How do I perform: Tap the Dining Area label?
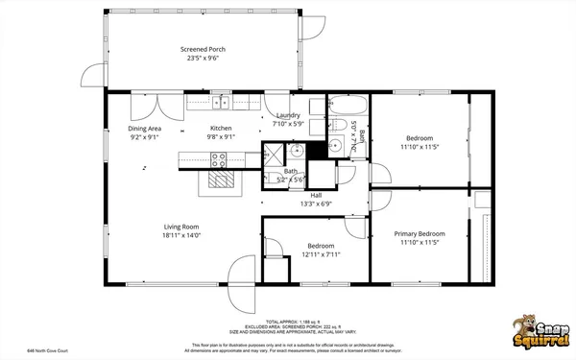click(144, 128)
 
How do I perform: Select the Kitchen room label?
click(221, 128)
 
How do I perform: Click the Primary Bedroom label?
click(420, 233)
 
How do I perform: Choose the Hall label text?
click(315, 194)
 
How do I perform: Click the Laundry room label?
click(288, 115)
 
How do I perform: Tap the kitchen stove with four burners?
click(220, 160)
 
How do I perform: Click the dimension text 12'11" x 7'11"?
click(321, 254)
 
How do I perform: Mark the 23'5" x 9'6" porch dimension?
click(203, 59)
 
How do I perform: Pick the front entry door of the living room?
click(244, 278)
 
